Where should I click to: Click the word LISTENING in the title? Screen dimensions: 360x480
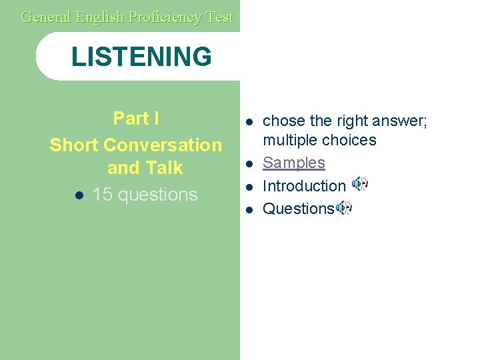click(141, 57)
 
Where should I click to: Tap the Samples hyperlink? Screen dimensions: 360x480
click(294, 163)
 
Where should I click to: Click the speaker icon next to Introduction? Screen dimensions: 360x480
click(359, 184)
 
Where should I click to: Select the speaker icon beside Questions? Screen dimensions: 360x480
click(344, 208)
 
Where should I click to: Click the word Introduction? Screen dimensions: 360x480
click(304, 186)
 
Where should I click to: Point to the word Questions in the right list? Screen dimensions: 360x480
click(298, 209)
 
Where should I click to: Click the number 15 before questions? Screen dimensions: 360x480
click(102, 195)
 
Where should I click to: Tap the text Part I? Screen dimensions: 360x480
click(136, 119)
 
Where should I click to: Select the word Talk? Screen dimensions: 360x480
click(163, 168)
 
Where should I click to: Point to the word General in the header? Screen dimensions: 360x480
click(45, 17)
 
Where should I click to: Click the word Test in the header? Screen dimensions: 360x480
click(220, 17)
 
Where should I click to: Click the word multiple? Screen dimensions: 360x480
click(290, 140)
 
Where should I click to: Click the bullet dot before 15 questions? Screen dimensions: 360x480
click(79, 195)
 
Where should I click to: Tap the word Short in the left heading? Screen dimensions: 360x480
click(75, 145)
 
